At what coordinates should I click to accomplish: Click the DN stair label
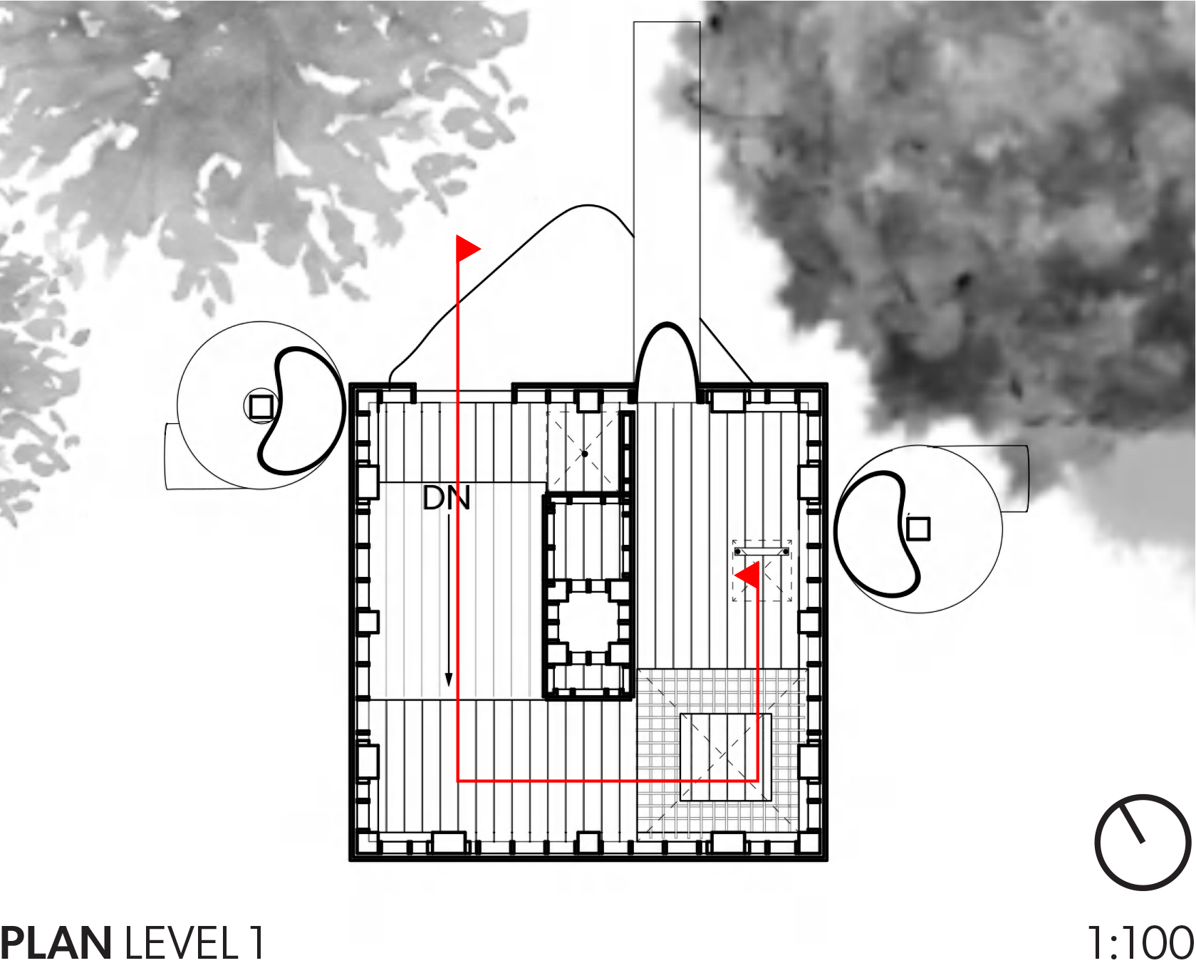[446, 499]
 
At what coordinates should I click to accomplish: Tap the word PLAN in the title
[56, 943]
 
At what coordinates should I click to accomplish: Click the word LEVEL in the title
[182, 943]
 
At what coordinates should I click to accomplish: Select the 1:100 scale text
[1140, 943]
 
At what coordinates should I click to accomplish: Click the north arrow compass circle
[1143, 843]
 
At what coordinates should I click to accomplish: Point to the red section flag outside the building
[467, 249]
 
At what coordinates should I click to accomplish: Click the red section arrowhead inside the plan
[747, 575]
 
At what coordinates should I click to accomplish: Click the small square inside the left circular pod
[261, 406]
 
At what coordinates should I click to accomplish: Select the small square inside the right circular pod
[918, 529]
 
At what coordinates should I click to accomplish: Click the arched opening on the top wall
[667, 360]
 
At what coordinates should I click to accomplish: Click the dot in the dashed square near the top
[585, 453]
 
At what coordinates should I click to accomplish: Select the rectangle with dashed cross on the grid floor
[725, 756]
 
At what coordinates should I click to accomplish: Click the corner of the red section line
[457, 781]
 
